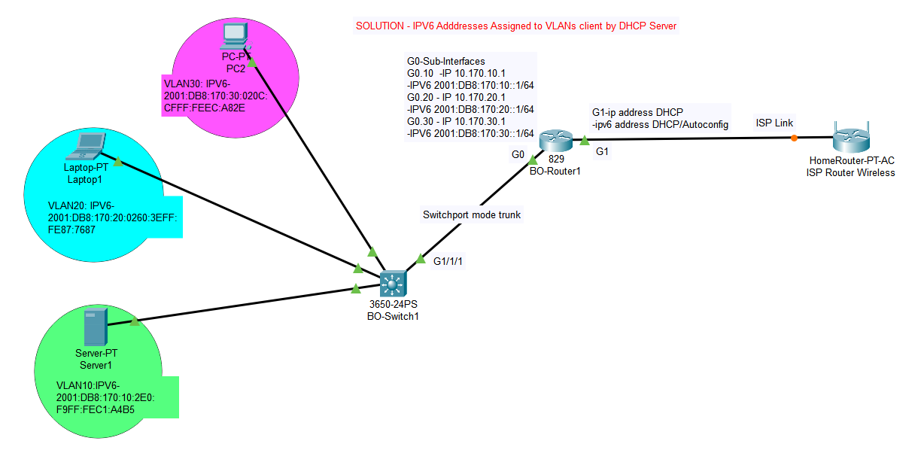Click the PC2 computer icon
[x=236, y=35]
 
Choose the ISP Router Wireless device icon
[x=851, y=138]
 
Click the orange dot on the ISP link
[x=794, y=138]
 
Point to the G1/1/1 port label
[x=448, y=261]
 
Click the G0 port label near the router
[x=517, y=154]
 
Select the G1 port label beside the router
[x=602, y=151]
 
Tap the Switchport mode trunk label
[x=472, y=214]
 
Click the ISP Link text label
[x=774, y=123]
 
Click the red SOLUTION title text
[x=516, y=26]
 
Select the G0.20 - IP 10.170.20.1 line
[x=456, y=97]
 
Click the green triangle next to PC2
[x=253, y=62]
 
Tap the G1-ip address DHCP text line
[x=637, y=112]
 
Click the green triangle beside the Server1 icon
[x=134, y=321]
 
